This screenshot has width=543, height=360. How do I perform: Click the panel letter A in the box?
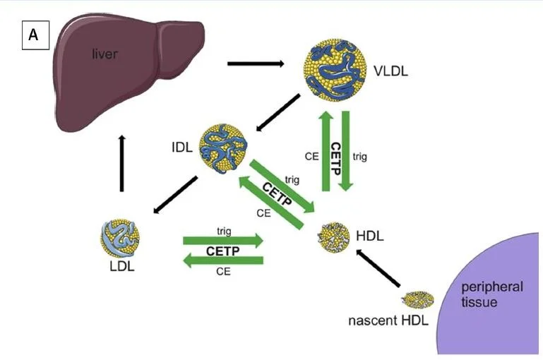34,35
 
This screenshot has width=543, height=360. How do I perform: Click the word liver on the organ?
105,54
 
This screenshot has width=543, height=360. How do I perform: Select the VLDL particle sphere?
337,70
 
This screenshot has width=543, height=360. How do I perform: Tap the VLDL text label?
392,71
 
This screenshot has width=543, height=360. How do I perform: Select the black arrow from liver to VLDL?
255,64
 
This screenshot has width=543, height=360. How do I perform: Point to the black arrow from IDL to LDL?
176,194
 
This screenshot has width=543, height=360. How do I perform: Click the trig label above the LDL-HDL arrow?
224,230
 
